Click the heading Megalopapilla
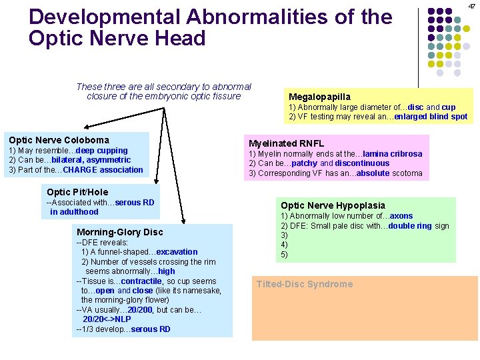click(x=319, y=97)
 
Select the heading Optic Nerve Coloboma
click(x=59, y=140)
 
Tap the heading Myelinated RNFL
click(x=286, y=143)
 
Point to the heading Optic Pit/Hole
click(x=77, y=192)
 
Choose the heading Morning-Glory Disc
click(x=120, y=232)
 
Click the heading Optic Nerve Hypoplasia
click(x=333, y=205)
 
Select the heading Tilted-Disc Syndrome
click(x=305, y=284)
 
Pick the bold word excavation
click(x=177, y=252)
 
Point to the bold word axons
click(x=402, y=216)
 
